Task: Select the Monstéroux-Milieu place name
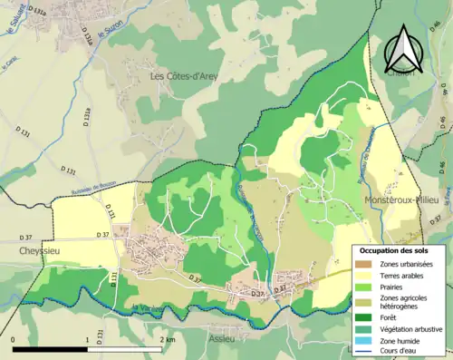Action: pos(400,199)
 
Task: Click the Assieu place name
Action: pos(221,339)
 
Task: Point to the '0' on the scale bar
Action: pos(14,339)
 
